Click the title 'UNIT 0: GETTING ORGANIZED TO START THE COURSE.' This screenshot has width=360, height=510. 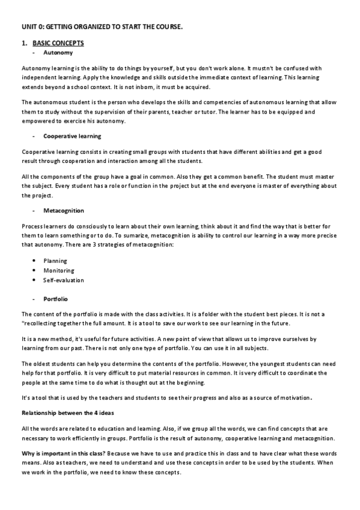tap(102, 28)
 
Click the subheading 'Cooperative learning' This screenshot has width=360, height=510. tap(72, 136)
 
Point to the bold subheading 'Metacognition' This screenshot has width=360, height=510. tap(64, 210)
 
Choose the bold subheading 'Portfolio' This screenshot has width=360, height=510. tap(55, 298)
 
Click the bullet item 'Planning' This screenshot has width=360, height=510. tap(55, 261)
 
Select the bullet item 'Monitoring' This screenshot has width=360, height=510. tap(59, 271)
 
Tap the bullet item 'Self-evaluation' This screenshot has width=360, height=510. tap(64, 280)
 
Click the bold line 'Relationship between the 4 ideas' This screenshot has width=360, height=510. tap(67, 413)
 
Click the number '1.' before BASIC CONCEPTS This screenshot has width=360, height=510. tap(24, 43)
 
